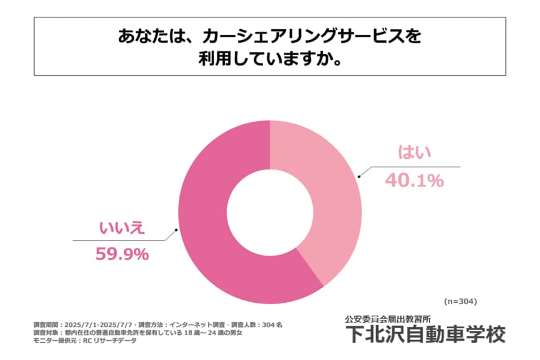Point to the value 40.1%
[x=414, y=181]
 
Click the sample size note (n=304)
[x=460, y=302]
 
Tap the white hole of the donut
[x=269, y=212]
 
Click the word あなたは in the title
[x=151, y=36]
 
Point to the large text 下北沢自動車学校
[x=425, y=334]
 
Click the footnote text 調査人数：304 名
[x=254, y=325]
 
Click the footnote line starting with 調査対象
[x=137, y=333]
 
